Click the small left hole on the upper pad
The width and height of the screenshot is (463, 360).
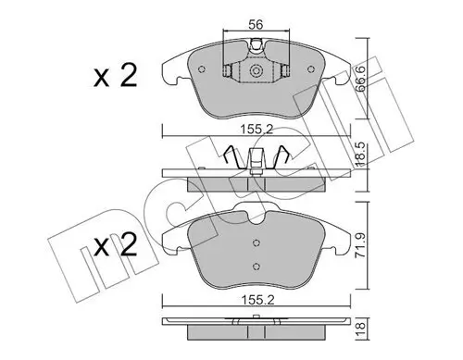(228, 69)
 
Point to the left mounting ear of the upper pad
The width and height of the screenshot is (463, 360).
(170, 69)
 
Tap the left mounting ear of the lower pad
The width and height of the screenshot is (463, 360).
(171, 243)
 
